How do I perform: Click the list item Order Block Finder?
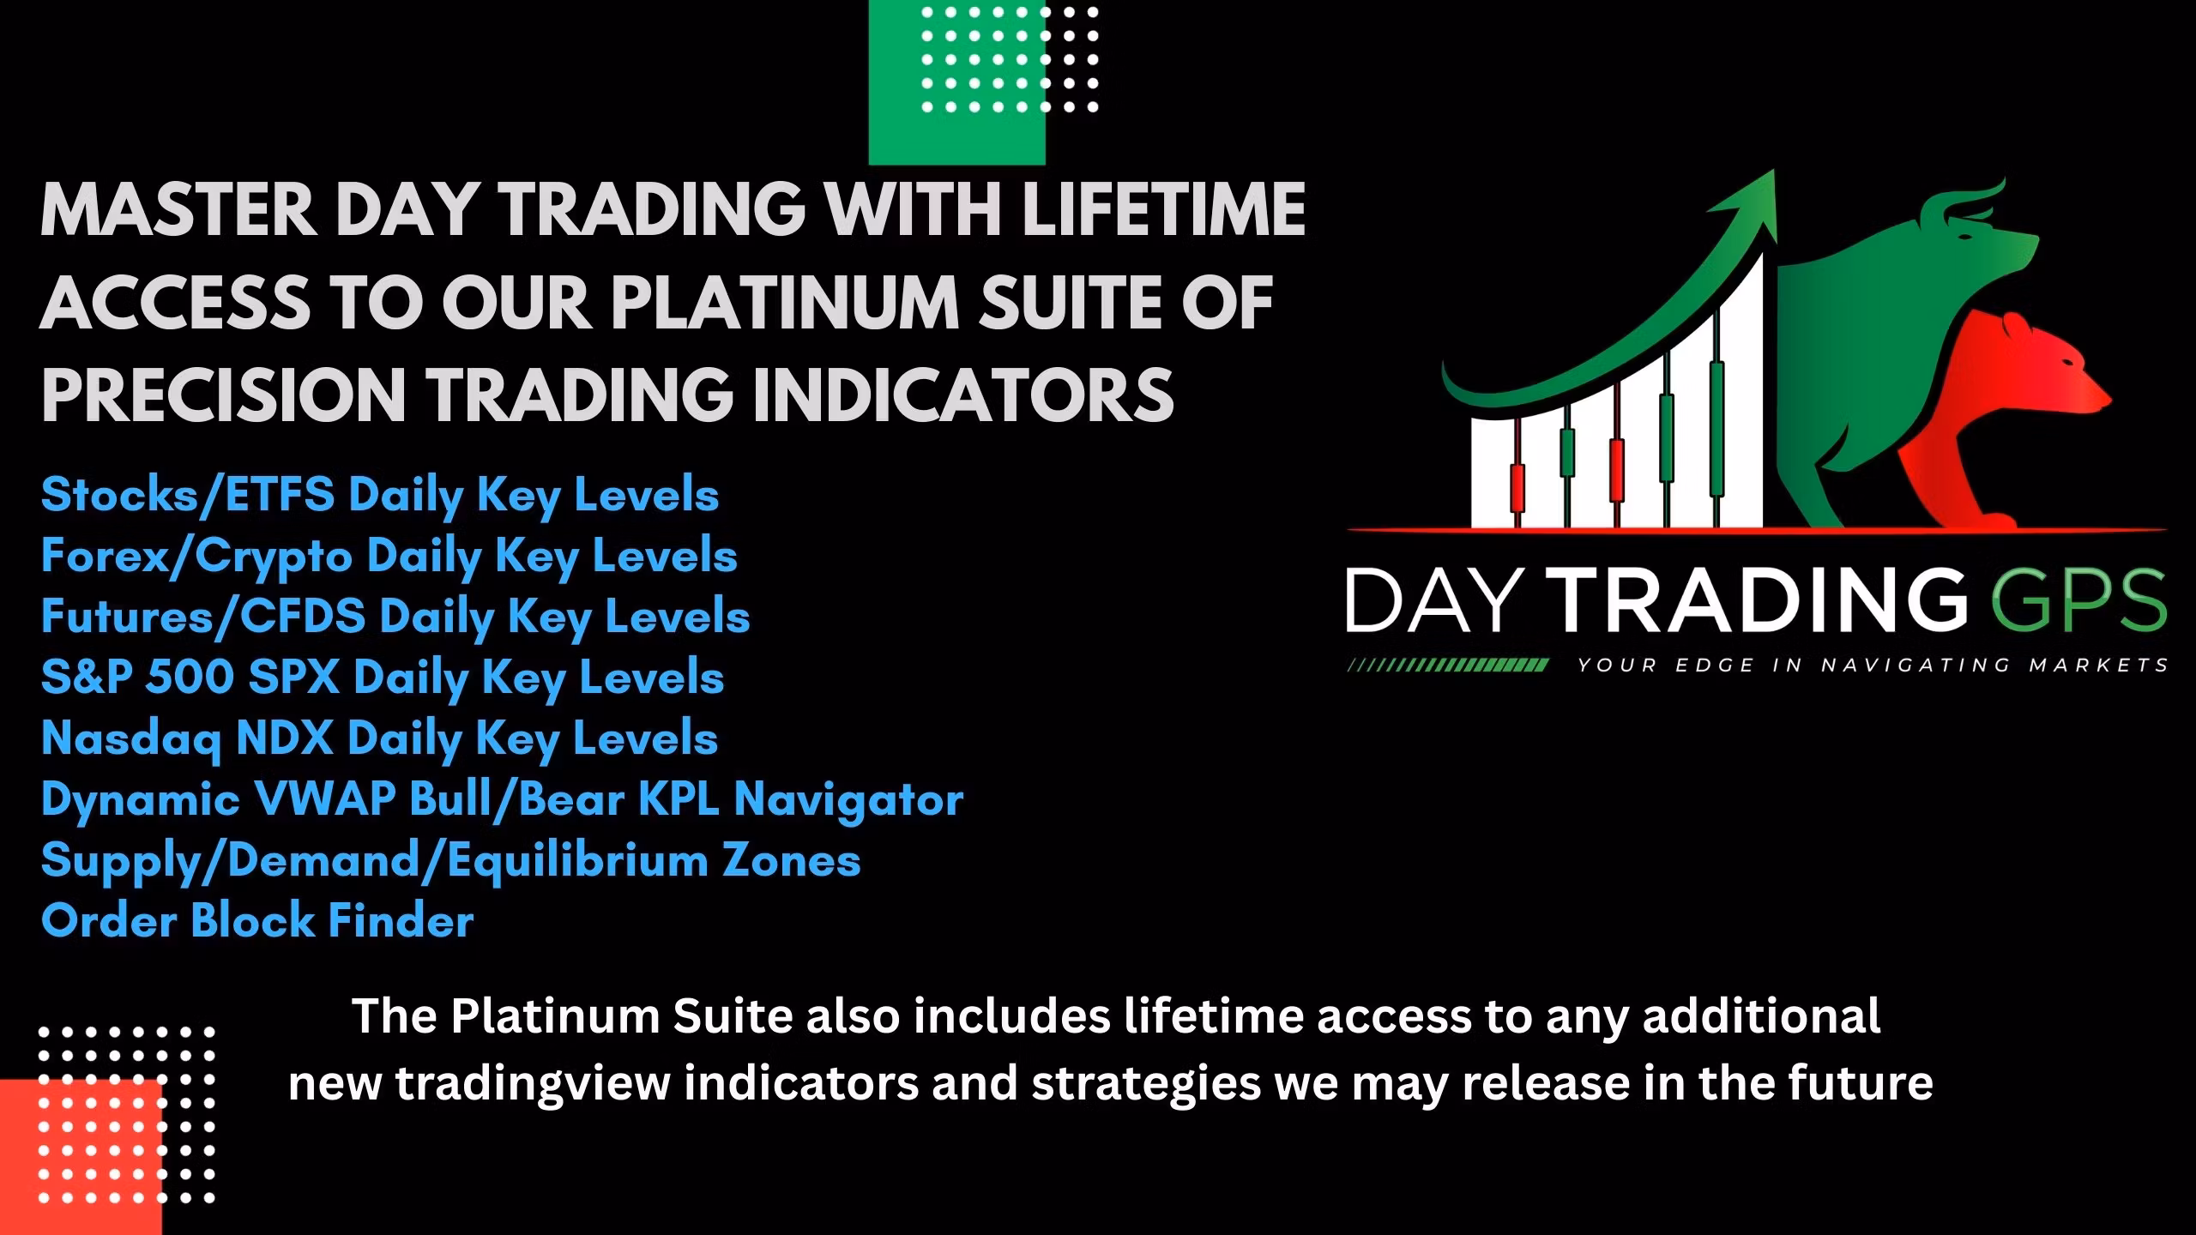(x=257, y=921)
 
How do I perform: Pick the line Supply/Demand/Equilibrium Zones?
(x=451, y=860)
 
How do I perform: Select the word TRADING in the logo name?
(x=1759, y=600)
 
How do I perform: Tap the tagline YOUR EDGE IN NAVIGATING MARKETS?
(x=1873, y=665)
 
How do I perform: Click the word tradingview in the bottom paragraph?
(x=532, y=1084)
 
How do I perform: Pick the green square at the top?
(x=956, y=82)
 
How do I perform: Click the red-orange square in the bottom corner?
(x=81, y=1157)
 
